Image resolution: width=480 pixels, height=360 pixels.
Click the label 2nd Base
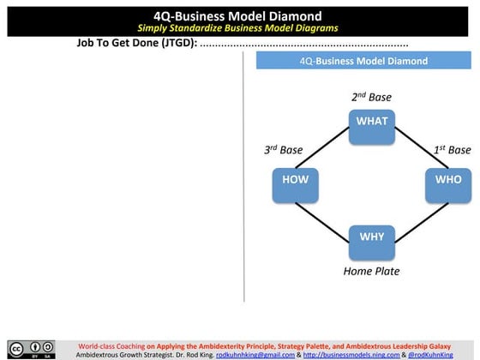tap(371, 98)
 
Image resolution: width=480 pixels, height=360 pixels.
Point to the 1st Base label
tap(452, 150)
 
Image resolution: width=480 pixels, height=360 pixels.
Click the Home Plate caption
tap(371, 272)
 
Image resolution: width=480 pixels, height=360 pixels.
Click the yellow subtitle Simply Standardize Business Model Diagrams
tap(239, 28)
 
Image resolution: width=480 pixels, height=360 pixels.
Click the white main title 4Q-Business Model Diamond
tap(239, 15)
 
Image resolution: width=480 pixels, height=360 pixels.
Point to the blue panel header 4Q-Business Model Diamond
tap(363, 61)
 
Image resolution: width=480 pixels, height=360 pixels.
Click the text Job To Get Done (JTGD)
tap(137, 43)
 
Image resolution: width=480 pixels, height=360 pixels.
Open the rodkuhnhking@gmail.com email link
tap(253, 354)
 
